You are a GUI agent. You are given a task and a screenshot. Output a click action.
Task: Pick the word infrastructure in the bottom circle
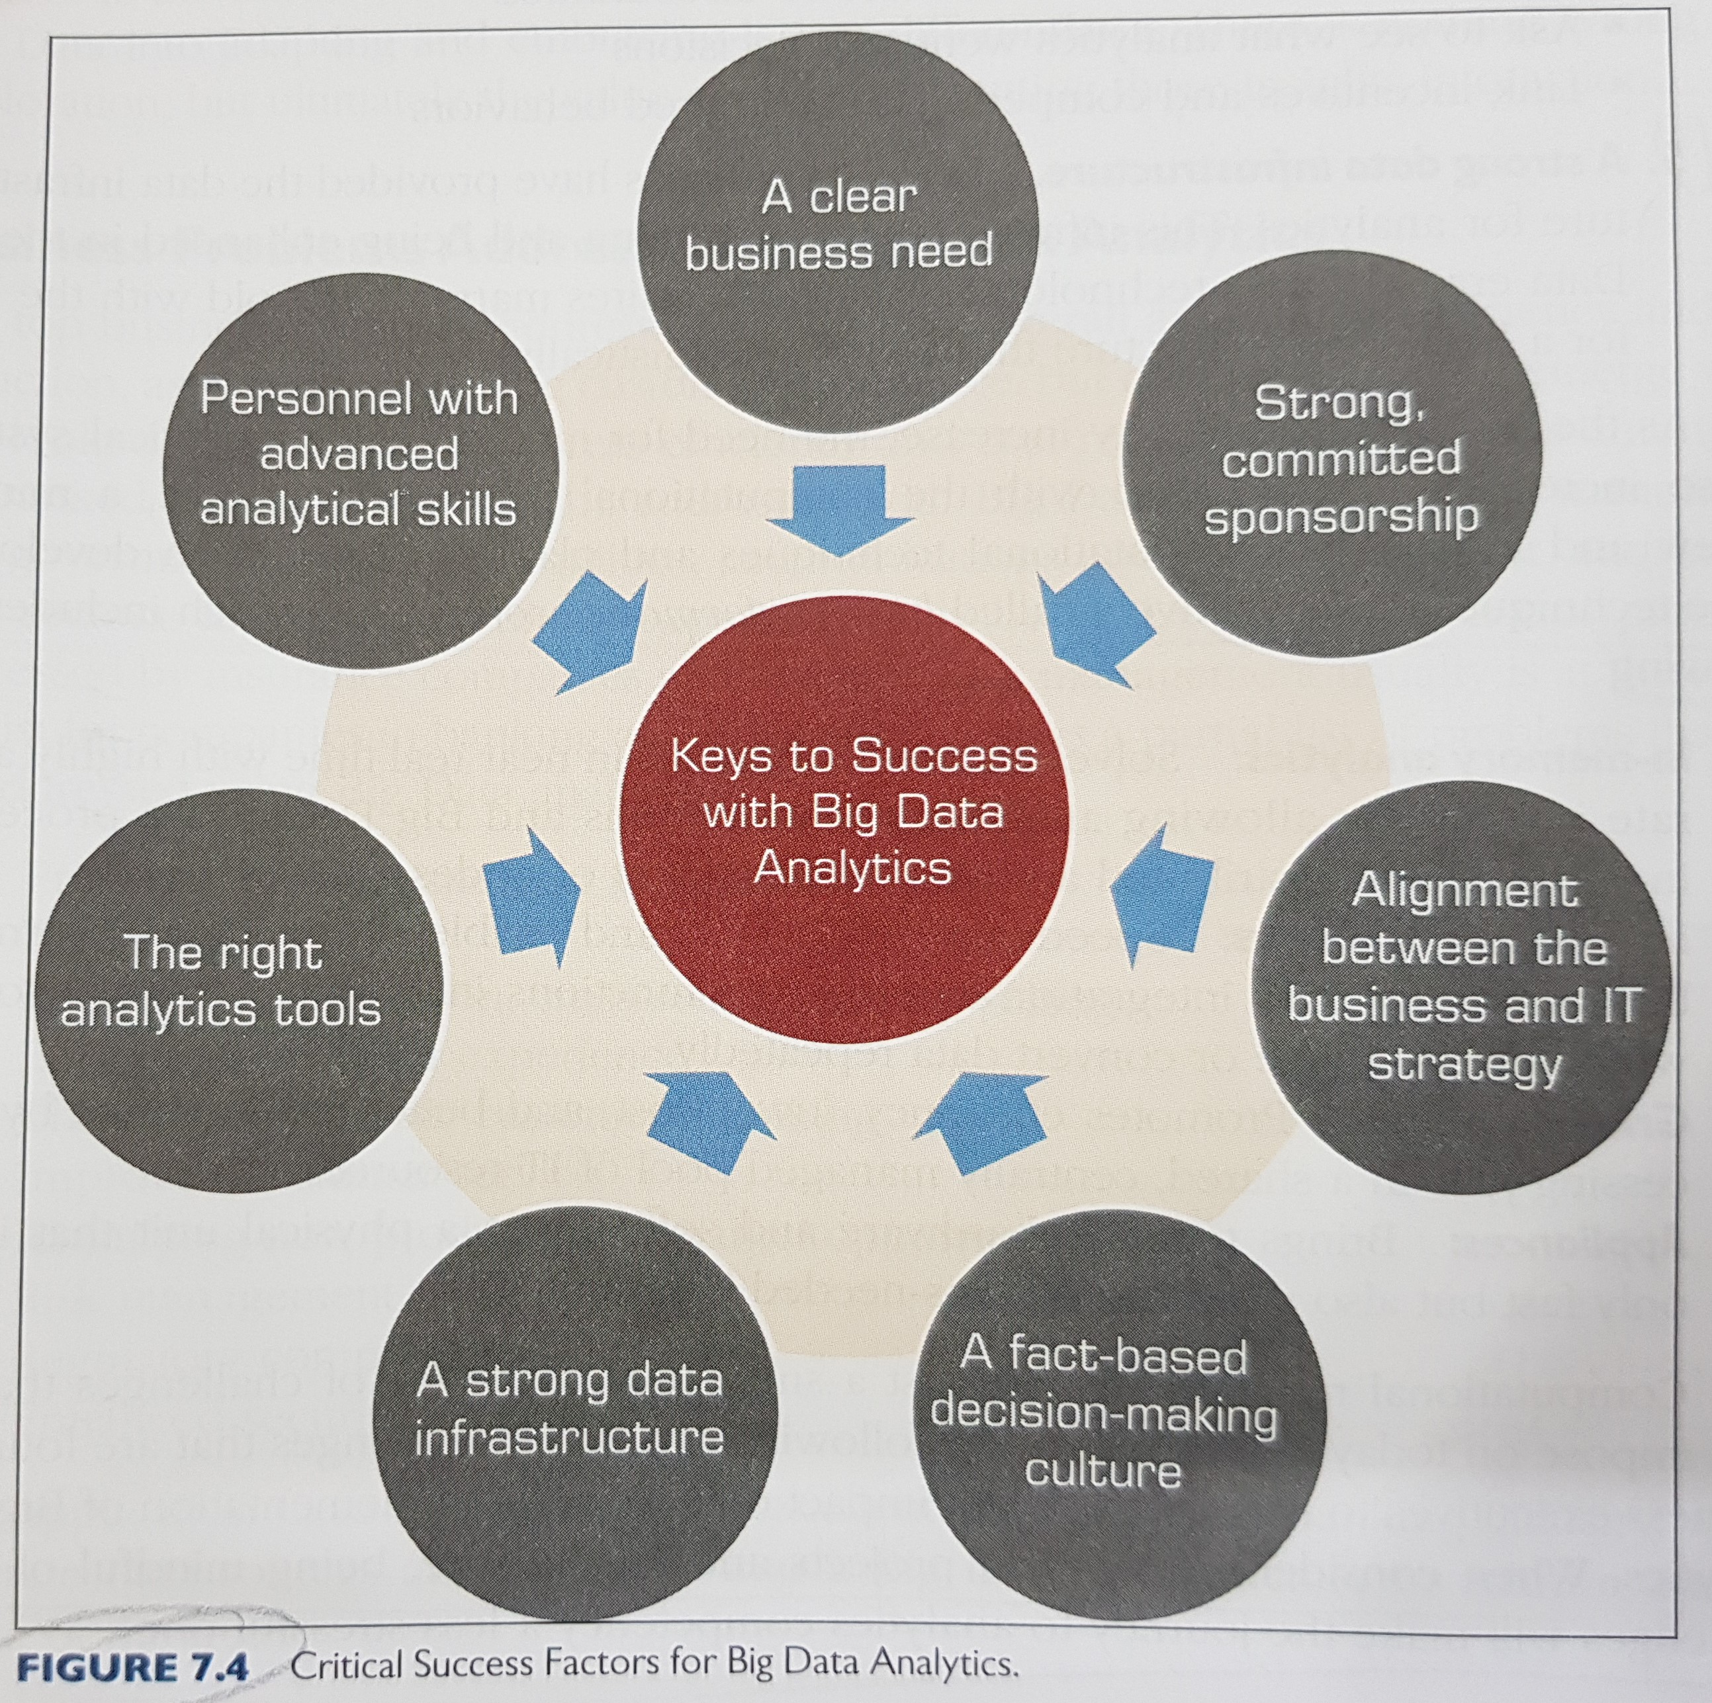click(569, 1439)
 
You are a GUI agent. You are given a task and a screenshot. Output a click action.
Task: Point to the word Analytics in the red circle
click(852, 868)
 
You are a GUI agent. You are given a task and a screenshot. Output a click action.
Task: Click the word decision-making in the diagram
click(1103, 1415)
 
